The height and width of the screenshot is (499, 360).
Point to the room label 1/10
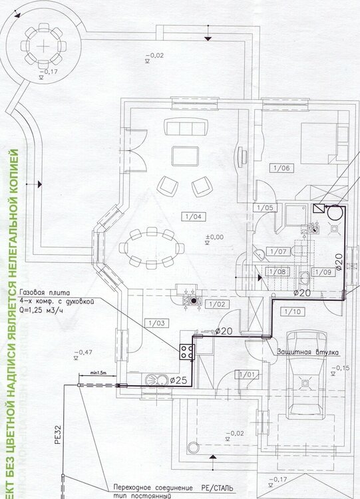pos(291,311)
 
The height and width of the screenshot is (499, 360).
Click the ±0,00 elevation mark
pos(214,237)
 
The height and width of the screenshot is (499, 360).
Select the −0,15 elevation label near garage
pos(343,367)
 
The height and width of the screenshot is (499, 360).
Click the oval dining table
pos(152,248)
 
